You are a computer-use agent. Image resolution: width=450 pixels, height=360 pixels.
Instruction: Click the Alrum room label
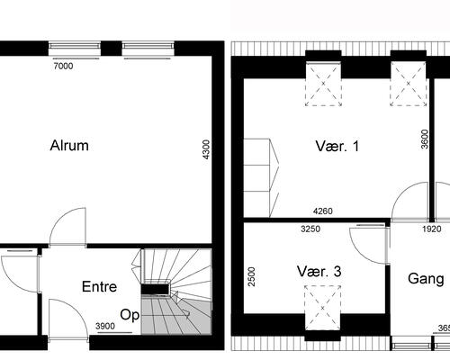pos(68,147)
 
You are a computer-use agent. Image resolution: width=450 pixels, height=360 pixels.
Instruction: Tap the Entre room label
pos(100,288)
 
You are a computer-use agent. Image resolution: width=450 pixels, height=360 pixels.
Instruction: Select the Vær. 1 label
pos(337,147)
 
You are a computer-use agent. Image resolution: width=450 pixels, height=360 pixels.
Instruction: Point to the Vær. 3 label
pos(319,270)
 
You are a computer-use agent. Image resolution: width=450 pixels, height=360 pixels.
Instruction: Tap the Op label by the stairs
pos(130,315)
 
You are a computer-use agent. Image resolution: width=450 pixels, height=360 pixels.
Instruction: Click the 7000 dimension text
pos(62,66)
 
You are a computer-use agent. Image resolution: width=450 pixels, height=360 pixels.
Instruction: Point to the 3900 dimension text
pos(105,326)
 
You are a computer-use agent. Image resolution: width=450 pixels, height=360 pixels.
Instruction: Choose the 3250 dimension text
pos(310,229)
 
